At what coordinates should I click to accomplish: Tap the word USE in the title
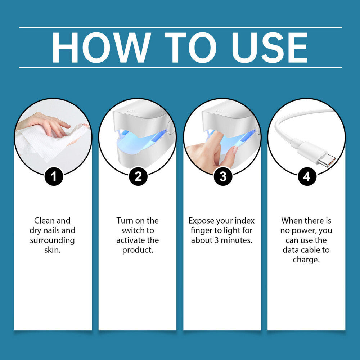pyautogui.click(x=269, y=48)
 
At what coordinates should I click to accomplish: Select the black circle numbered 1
pyautogui.click(x=54, y=176)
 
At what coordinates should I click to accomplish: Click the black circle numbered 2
pyautogui.click(x=138, y=176)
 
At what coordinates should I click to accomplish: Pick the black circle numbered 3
pyautogui.click(x=223, y=176)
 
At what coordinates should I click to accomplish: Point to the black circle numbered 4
pyautogui.click(x=307, y=176)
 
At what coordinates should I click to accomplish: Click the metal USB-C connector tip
pyautogui.click(x=327, y=159)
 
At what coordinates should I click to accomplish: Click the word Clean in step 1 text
pyautogui.click(x=44, y=221)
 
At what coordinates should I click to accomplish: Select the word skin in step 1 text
pyautogui.click(x=52, y=250)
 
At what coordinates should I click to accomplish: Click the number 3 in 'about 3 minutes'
pyautogui.click(x=216, y=240)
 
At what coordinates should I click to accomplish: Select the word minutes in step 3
pyautogui.click(x=236, y=240)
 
